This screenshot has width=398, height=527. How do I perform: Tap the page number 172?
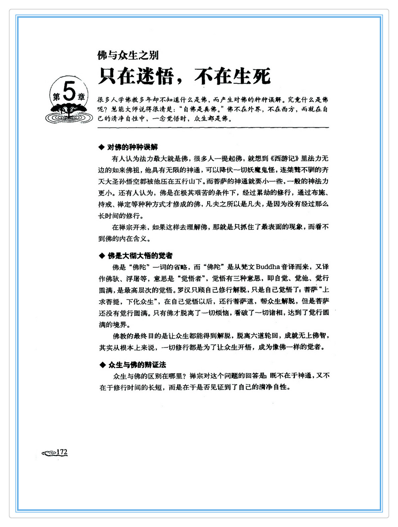point(62,452)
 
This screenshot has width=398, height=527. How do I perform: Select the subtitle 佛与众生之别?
point(128,55)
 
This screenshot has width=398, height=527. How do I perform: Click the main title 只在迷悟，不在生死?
point(184,76)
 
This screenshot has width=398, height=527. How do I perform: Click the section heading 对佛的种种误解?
point(132,147)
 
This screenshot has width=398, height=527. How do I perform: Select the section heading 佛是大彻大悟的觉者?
point(140,256)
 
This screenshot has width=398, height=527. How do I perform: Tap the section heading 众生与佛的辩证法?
point(137,365)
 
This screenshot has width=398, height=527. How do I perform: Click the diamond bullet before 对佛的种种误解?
point(102,147)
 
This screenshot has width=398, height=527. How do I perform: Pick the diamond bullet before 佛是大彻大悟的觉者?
point(102,256)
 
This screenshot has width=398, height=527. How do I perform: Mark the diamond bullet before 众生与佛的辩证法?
point(103,365)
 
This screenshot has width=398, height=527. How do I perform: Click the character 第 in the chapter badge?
point(56,97)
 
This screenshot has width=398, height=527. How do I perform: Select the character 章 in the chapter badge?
point(81,97)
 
